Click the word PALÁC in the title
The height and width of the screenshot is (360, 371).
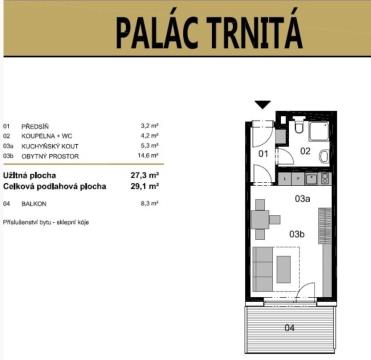(157, 32)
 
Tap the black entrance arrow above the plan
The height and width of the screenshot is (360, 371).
(263, 105)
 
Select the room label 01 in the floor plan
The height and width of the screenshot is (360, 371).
(263, 154)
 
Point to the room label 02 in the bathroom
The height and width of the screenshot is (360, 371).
(305, 151)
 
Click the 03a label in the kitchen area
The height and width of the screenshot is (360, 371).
(302, 198)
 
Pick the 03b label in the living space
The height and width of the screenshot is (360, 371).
(297, 234)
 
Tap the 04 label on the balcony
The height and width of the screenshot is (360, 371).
(289, 328)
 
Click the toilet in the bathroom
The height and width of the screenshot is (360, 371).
(299, 125)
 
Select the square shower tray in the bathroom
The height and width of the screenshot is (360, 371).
(318, 131)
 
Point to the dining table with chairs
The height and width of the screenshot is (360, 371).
(263, 219)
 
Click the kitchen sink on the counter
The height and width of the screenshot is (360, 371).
(311, 179)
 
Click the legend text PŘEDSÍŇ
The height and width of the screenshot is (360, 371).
(35, 126)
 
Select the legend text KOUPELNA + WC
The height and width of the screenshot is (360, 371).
(47, 136)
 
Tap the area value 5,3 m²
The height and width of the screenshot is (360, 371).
(149, 146)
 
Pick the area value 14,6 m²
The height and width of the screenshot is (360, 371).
(148, 156)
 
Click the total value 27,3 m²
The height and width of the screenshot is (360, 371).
(144, 175)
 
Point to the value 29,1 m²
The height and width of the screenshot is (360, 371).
(144, 186)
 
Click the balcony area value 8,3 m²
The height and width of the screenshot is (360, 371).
(149, 204)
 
